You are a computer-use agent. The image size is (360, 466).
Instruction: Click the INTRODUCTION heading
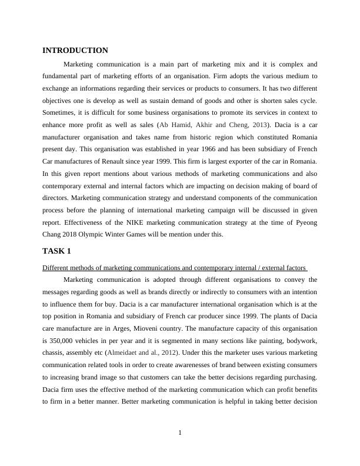point(75,51)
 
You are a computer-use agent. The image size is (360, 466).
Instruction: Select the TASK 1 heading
point(56,251)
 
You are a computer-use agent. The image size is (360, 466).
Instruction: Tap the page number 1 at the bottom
point(180,434)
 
